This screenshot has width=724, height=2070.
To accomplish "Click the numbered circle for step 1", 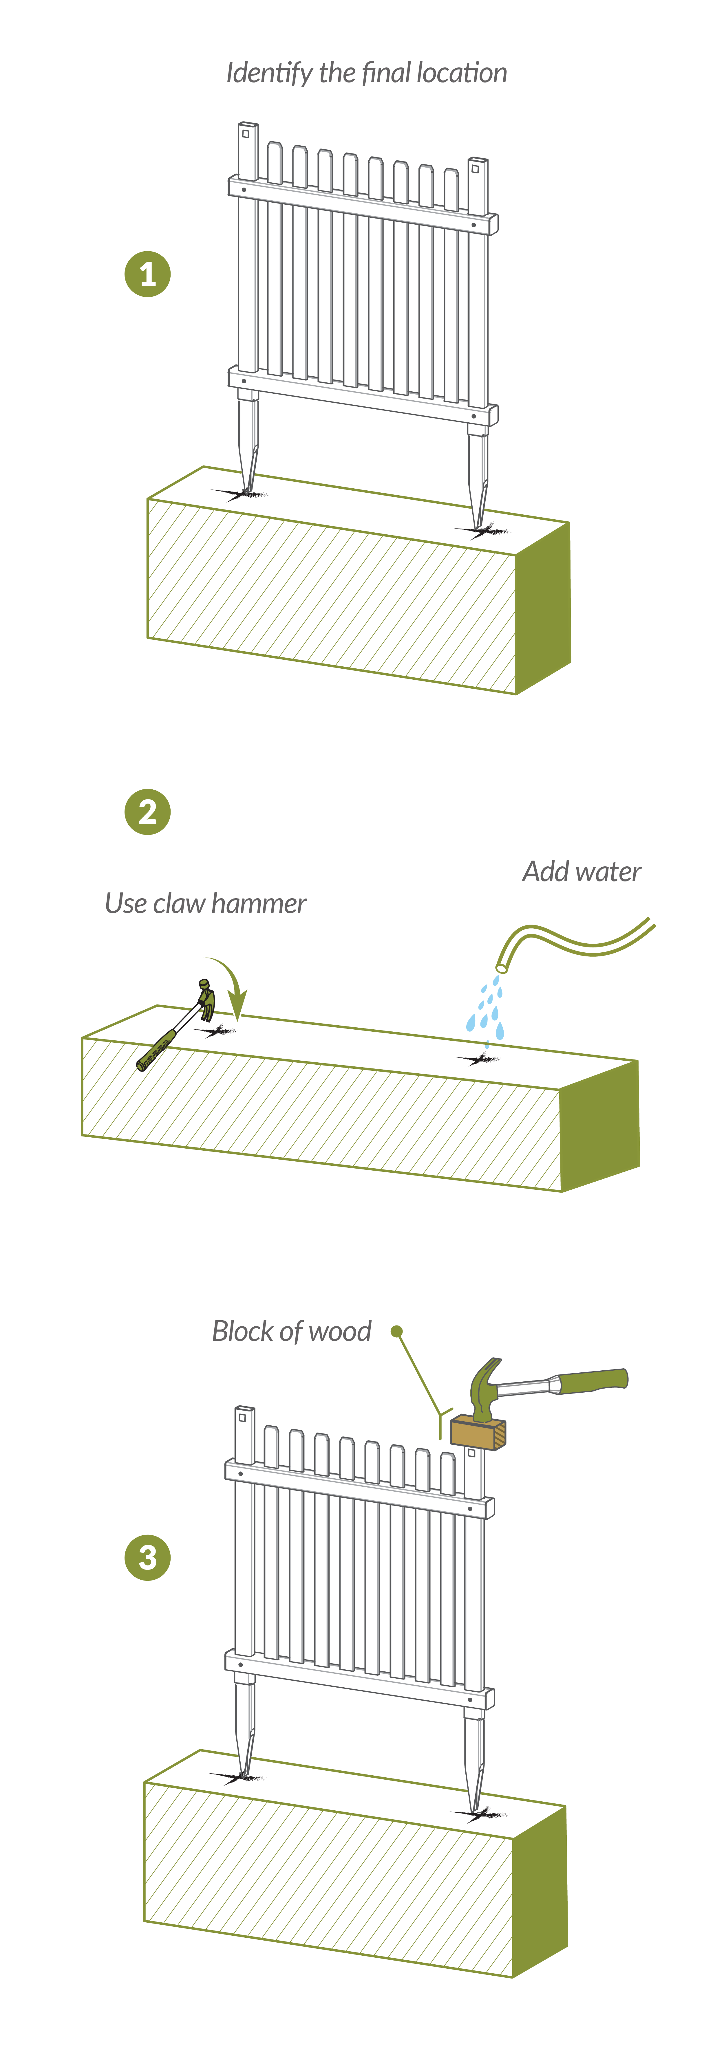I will coord(147,274).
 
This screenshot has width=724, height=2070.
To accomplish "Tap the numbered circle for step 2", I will coord(147,812).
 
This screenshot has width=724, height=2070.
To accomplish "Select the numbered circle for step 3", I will coord(147,1557).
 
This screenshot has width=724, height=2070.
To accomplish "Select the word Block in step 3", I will coord(243,1332).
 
